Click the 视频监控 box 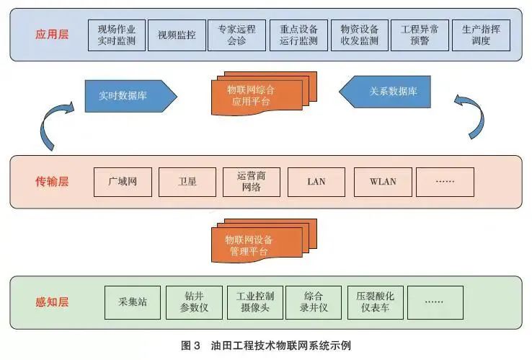pos(176,35)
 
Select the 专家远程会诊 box pos(237,35)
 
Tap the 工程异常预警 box pos(420,35)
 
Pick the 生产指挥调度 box pos(481,35)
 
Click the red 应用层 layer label pos(50,35)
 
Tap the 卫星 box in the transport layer pos(187,182)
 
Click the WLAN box pos(382,182)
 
